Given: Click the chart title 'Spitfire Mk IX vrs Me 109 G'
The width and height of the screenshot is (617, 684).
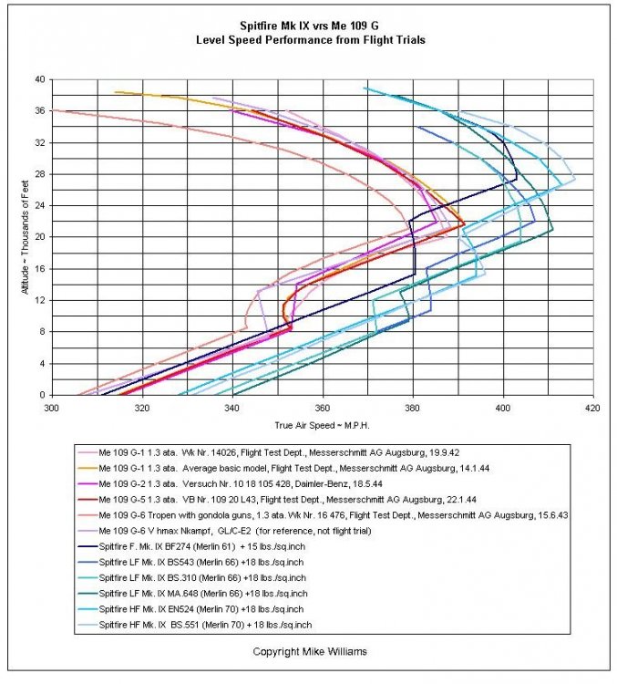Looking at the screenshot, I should tap(307, 26).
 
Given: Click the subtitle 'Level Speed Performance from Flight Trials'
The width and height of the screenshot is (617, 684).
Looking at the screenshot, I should tap(307, 40).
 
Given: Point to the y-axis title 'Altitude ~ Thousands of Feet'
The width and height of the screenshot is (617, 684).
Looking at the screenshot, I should tap(27, 237).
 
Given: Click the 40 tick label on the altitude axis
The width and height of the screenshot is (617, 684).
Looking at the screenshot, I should tap(39, 79).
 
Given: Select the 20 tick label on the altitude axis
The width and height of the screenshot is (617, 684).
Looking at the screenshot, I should tap(39, 237).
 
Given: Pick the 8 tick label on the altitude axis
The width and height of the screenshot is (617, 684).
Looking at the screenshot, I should tap(42, 332).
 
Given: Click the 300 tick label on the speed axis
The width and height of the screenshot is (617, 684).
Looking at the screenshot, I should tap(51, 409).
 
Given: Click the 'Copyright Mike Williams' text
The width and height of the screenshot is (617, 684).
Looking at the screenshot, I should tap(308, 652).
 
